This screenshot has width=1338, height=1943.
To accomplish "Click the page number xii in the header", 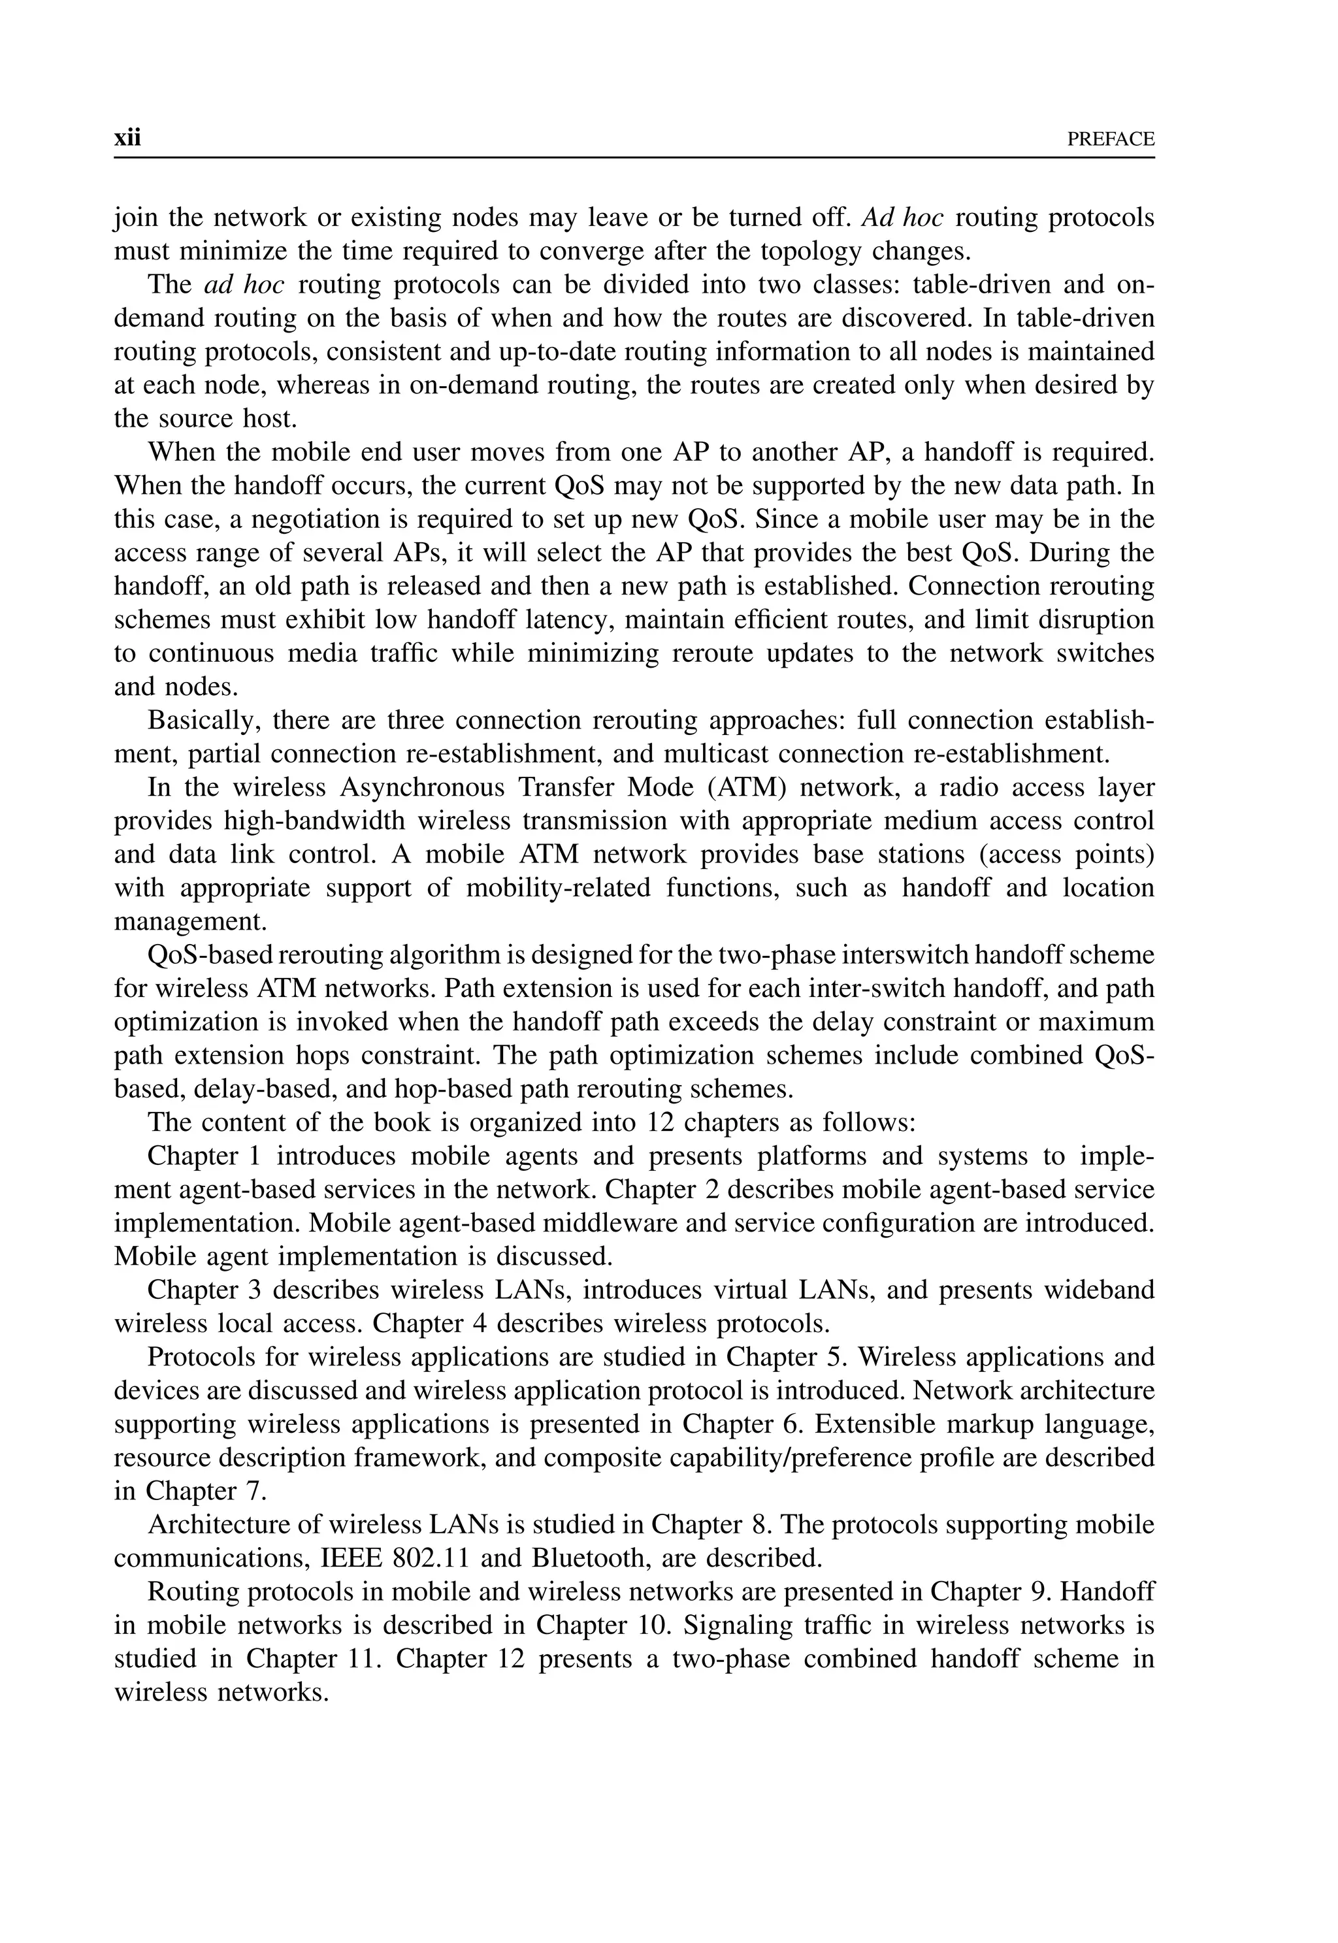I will [127, 139].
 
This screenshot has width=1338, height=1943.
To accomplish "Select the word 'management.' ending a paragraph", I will [190, 921].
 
